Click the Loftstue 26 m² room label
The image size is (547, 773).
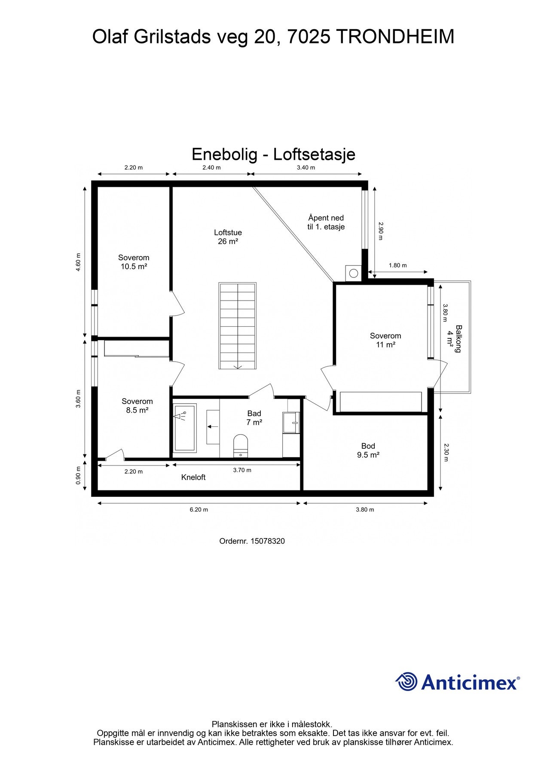228,237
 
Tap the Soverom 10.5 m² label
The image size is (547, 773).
134,262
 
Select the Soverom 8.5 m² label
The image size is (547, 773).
137,406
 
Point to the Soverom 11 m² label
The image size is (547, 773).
385,340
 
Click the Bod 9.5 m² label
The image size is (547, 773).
368,450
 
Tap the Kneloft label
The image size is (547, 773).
193,477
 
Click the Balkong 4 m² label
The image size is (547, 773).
455,339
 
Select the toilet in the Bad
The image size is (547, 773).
241,445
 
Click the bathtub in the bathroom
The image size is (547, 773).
185,427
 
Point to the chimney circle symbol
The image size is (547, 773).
354,273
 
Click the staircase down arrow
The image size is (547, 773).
238,366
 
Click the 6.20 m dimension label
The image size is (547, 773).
199,510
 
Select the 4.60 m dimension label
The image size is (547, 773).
78,262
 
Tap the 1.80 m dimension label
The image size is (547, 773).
397,265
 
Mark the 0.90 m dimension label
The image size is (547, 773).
78,475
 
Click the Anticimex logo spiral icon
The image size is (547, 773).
406,682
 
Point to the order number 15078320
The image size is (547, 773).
267,541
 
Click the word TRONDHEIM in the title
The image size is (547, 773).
394,37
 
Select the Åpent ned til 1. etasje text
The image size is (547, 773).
326,222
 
